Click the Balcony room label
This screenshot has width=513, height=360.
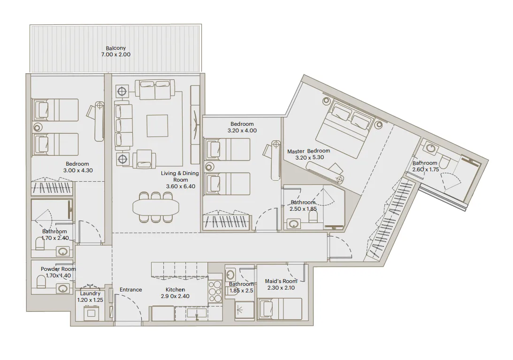(x=115, y=48)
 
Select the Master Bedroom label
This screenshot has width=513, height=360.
(x=308, y=151)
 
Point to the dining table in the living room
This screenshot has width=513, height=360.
(x=156, y=207)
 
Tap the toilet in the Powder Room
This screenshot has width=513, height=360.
(x=41, y=282)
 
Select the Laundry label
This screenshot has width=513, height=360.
(x=90, y=294)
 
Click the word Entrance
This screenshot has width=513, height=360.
(x=130, y=290)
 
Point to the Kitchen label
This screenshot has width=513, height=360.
(x=175, y=290)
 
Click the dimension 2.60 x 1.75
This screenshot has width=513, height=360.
(x=425, y=169)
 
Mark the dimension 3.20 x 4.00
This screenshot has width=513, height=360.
(x=242, y=130)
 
